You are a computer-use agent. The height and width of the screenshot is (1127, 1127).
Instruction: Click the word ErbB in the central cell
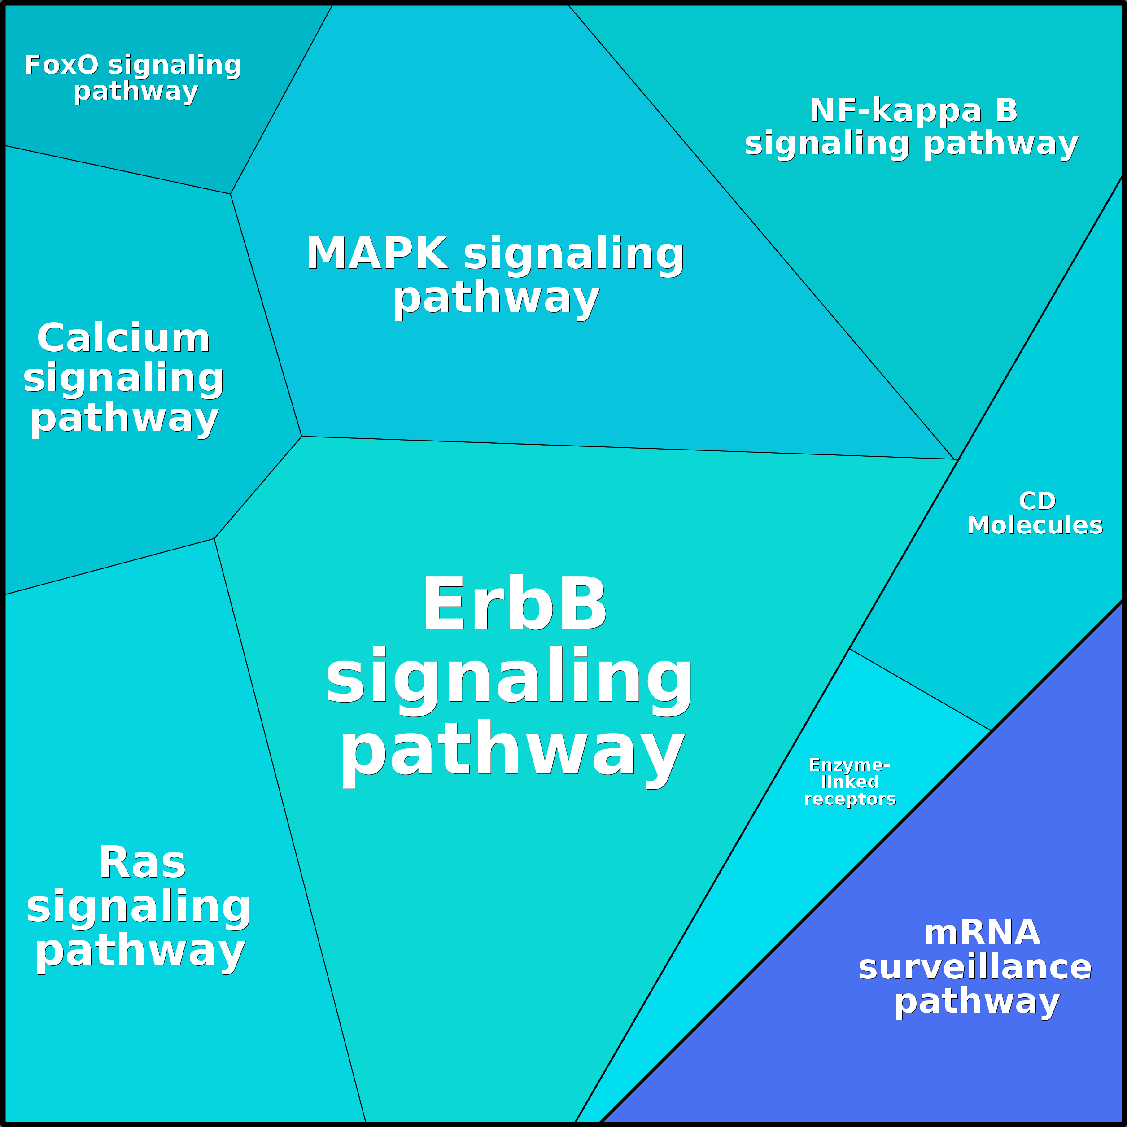click(x=515, y=604)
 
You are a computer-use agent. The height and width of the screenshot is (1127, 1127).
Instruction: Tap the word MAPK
click(x=377, y=254)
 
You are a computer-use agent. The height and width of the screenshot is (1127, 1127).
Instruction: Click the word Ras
click(x=142, y=862)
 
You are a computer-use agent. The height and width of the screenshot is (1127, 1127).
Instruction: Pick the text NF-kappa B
click(x=913, y=110)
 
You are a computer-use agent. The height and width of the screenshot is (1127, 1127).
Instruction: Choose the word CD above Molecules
click(x=1037, y=501)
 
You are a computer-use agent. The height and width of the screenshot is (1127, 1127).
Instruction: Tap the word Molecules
click(x=1035, y=525)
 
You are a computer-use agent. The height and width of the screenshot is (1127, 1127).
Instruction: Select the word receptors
click(x=849, y=799)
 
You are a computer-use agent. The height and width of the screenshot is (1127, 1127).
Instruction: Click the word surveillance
click(x=975, y=967)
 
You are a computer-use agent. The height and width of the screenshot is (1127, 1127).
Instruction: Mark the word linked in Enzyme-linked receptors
click(x=849, y=782)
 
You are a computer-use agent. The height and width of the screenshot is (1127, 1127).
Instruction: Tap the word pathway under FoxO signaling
click(x=136, y=92)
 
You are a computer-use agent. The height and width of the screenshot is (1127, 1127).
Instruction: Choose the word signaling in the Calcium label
click(x=124, y=378)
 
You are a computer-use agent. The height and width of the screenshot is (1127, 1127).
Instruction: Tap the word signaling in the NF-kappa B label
click(x=826, y=144)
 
